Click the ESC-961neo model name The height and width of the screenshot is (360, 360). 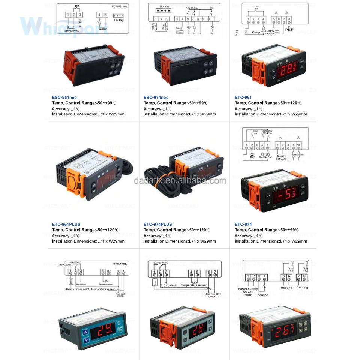(64, 97)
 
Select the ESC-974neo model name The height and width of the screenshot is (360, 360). (156, 97)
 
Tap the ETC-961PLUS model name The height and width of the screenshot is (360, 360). (66, 225)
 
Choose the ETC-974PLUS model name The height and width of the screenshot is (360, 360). (157, 225)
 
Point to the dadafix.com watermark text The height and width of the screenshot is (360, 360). (180, 181)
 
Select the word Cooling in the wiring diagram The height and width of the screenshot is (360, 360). (302, 288)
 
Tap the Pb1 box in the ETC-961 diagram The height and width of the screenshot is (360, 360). (289, 29)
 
